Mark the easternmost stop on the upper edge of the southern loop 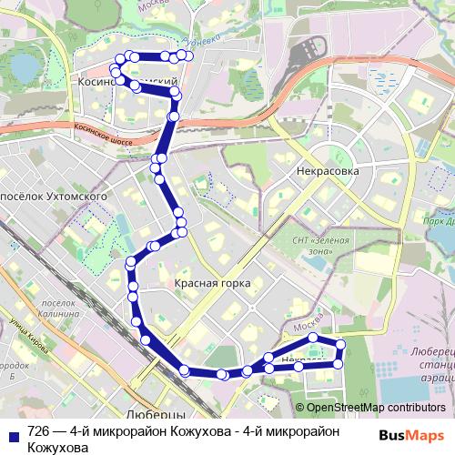[x=341, y=344]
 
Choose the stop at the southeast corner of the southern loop [x=338, y=364]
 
